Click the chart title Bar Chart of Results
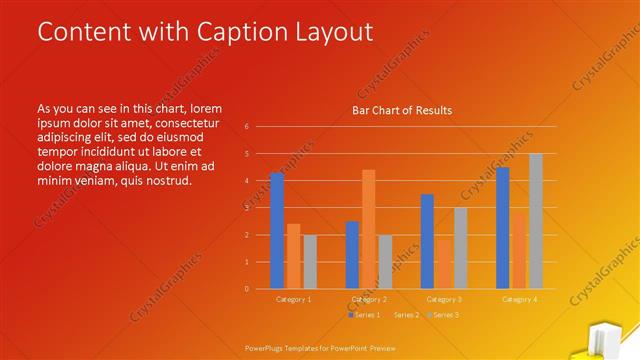[401, 110]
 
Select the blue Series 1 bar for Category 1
[277, 230]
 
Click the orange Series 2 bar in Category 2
[368, 229]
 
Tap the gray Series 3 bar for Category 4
[536, 221]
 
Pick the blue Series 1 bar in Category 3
[427, 241]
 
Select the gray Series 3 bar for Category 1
[310, 261]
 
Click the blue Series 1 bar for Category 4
[503, 227]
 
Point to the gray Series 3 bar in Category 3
[460, 248]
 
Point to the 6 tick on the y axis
[246, 127]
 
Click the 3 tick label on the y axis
[246, 208]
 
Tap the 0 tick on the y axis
[246, 289]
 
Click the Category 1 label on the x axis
[294, 300]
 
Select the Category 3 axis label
[444, 300]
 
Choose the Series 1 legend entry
[366, 315]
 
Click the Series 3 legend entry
[443, 315]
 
